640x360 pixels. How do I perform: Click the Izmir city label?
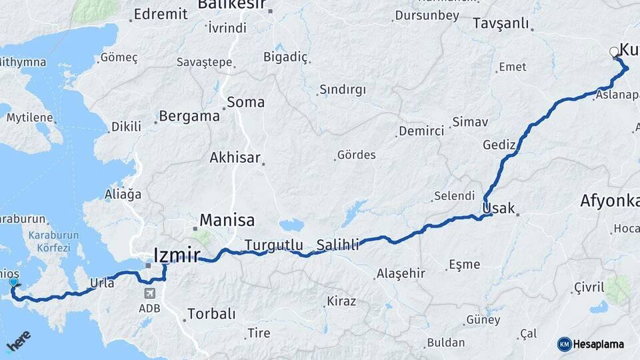(x=176, y=255)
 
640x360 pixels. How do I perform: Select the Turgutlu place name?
(x=273, y=244)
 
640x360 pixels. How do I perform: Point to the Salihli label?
(x=337, y=244)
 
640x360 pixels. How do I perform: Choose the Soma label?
(x=245, y=103)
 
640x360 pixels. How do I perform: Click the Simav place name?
(x=470, y=123)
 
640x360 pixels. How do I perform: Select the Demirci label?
(x=421, y=131)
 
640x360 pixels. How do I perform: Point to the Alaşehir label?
(x=401, y=273)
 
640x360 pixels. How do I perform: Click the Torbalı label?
(x=211, y=313)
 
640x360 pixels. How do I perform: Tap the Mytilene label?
(x=29, y=118)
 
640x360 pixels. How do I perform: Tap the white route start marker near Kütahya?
(x=615, y=52)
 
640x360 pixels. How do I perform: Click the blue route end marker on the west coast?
(x=13, y=283)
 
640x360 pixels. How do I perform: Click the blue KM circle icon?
(x=564, y=344)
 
